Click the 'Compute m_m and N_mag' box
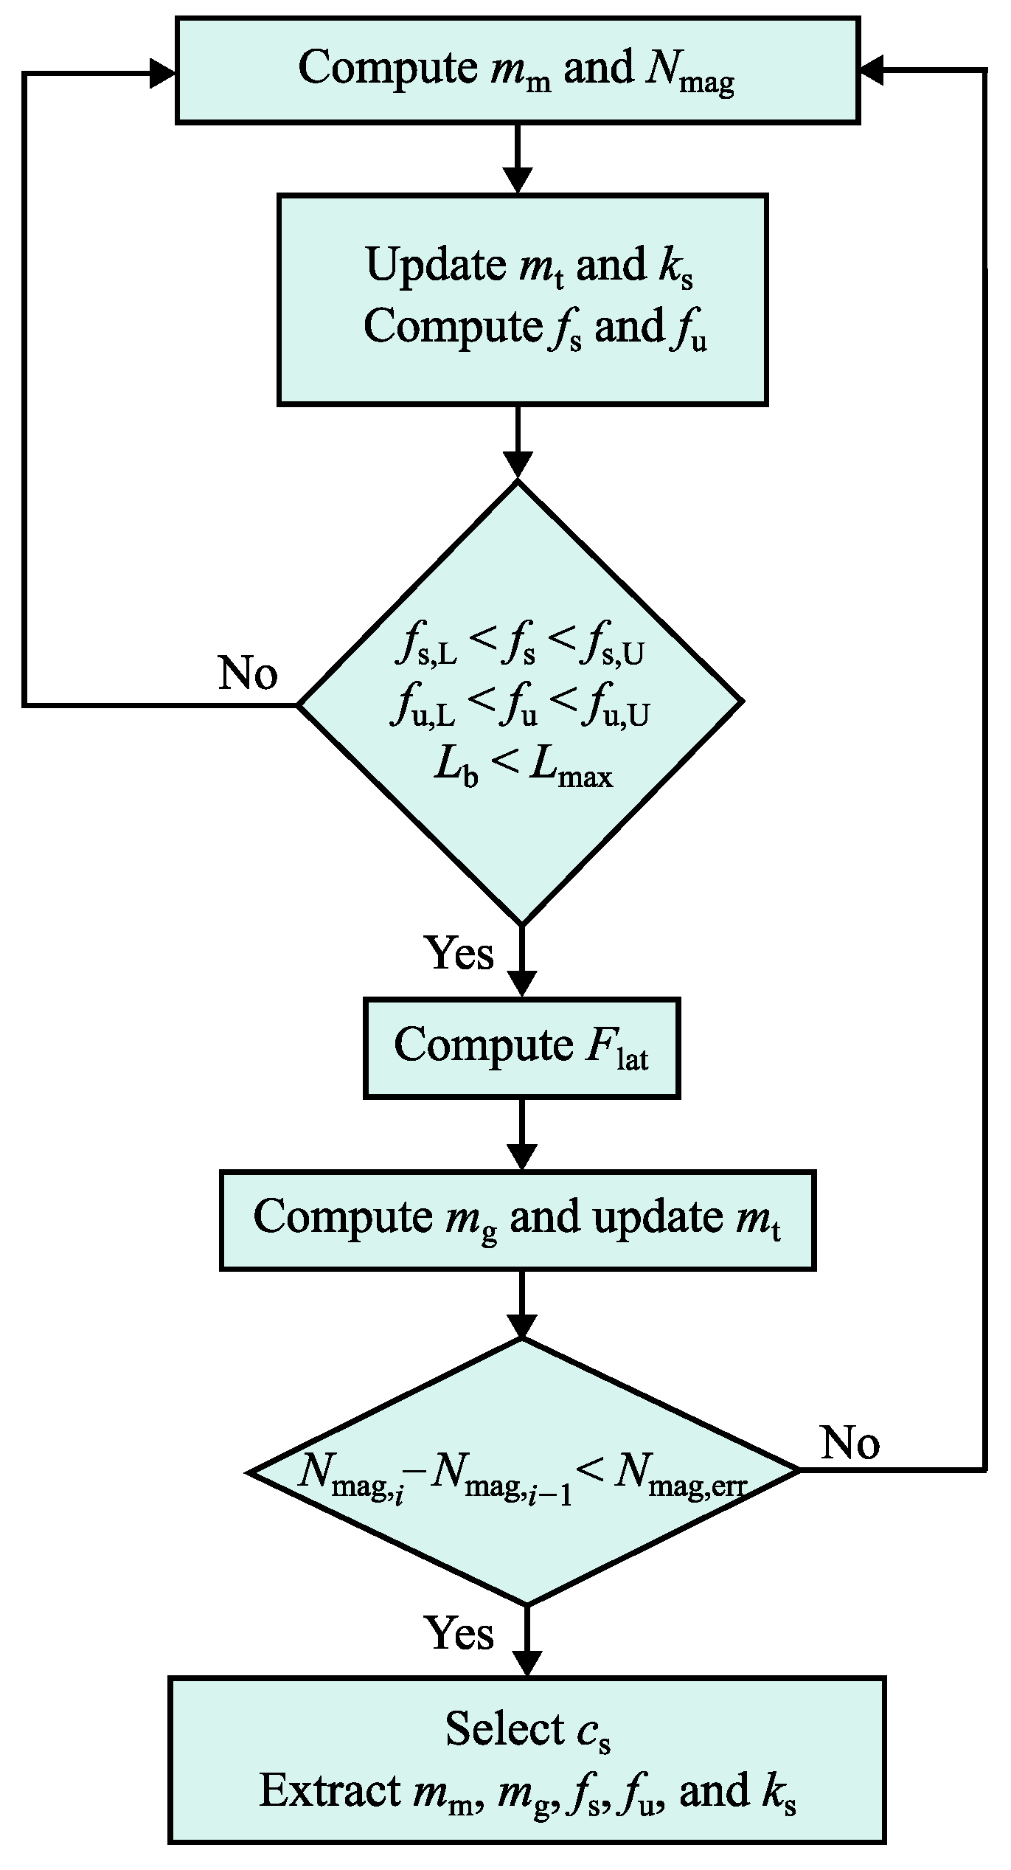(517, 70)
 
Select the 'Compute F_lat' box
(521, 1047)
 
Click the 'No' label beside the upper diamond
(248, 673)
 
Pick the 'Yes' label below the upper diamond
(459, 954)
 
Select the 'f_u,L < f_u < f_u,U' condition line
(521, 710)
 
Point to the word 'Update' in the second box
(436, 265)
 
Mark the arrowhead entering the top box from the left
(162, 73)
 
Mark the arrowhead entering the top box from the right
(872, 72)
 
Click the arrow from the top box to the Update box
(517, 159)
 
